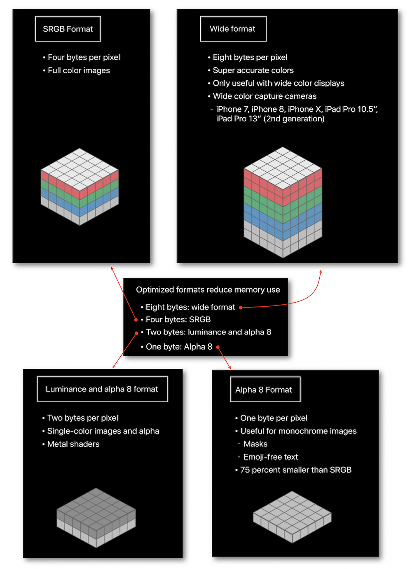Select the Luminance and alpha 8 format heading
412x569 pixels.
[x=102, y=389]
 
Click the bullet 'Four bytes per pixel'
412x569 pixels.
[x=82, y=57]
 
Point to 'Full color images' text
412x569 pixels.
[x=77, y=70]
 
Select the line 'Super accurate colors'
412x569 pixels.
[x=250, y=70]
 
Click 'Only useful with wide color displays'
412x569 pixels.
[x=276, y=83]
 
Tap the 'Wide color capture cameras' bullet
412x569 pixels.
[x=262, y=96]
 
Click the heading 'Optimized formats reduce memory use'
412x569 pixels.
[x=208, y=289]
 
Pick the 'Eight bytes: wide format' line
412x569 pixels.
[x=188, y=307]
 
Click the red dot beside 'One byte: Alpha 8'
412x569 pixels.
[x=218, y=347]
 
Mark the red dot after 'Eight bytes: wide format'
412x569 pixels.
[x=241, y=308]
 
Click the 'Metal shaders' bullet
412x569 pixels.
[x=71, y=444]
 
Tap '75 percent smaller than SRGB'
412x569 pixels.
[x=293, y=470]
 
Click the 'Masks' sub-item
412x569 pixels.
[x=253, y=444]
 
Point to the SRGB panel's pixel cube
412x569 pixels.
[x=80, y=187]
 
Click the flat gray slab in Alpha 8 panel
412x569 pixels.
[x=292, y=517]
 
